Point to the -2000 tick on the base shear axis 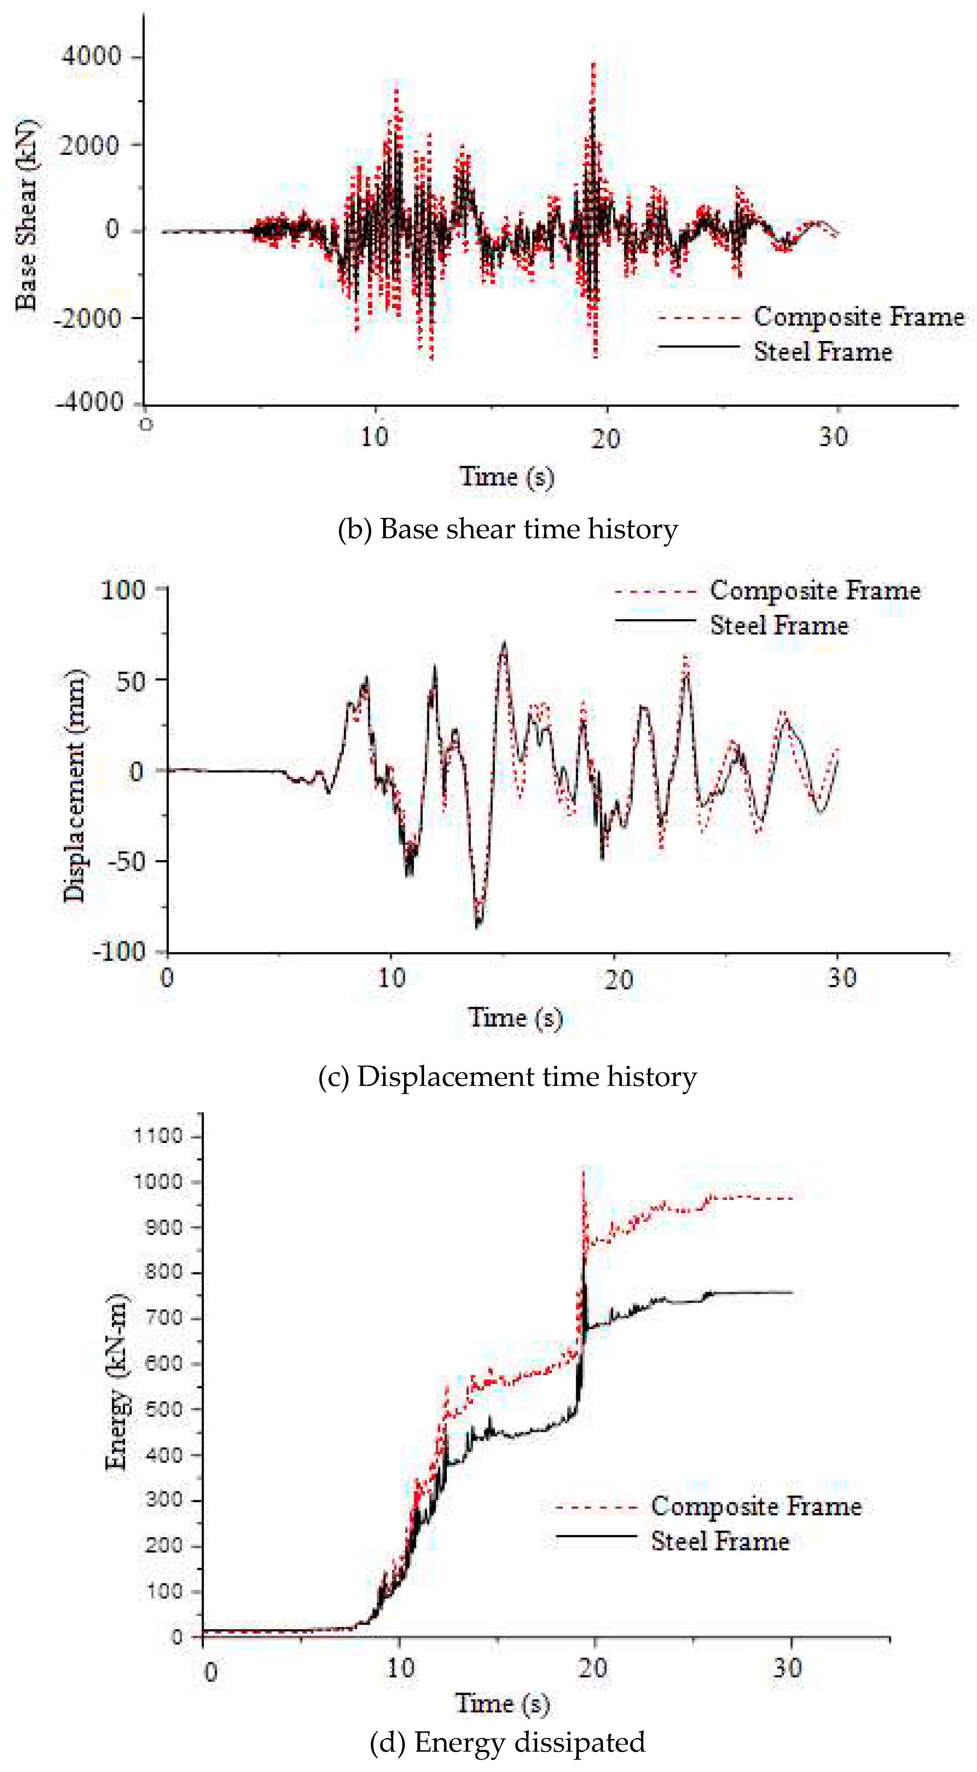tap(89, 318)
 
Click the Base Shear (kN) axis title tap(26, 214)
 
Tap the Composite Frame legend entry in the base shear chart tap(858, 317)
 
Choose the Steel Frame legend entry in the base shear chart tap(822, 351)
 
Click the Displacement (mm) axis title tap(74, 784)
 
